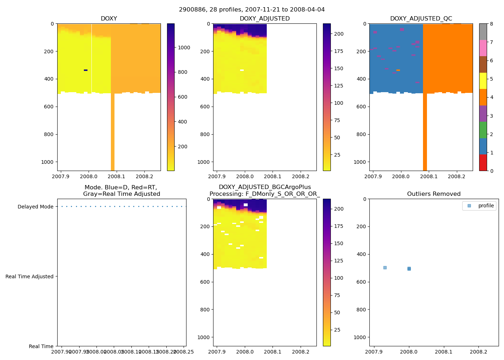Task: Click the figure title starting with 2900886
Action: (252, 10)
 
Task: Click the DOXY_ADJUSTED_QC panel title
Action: (421, 19)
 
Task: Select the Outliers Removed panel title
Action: (434, 194)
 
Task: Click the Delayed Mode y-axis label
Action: (35, 207)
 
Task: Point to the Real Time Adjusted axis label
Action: (30, 276)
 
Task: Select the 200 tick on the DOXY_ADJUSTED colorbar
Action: (339, 34)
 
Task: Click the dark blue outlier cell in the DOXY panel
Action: (86, 70)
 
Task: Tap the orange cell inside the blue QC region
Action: (398, 70)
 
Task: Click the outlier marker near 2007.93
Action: (385, 267)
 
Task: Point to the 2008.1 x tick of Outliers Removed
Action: (444, 351)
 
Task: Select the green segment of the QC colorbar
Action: (483, 130)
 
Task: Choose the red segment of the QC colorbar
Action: (483, 163)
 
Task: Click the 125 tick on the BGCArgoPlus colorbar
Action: (339, 261)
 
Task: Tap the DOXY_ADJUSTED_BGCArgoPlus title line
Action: (265, 187)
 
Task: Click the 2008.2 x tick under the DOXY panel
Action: (144, 176)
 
